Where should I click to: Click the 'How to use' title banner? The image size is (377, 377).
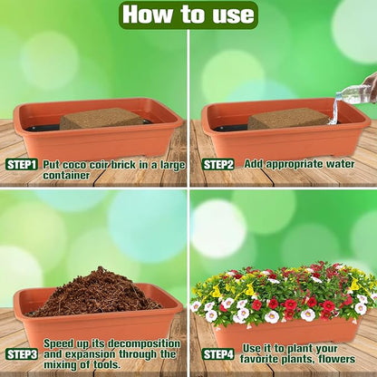tap(188, 14)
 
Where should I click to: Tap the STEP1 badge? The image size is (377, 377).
tap(22, 165)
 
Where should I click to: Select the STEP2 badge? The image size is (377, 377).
tap(217, 165)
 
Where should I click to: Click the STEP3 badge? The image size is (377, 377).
tap(22, 353)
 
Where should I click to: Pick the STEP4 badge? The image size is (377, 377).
tap(217, 353)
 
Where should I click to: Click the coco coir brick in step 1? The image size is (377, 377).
tap(101, 118)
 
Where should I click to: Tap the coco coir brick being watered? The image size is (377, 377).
tap(288, 119)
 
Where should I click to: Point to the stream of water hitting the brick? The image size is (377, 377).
tap(333, 112)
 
